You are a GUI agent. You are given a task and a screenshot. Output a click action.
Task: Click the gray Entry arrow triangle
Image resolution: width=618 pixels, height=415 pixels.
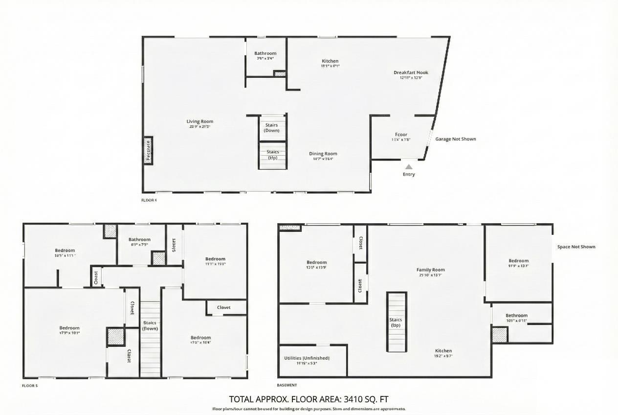coord(409,167)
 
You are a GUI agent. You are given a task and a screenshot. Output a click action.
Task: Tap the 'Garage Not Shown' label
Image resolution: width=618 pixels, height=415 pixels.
coord(455,139)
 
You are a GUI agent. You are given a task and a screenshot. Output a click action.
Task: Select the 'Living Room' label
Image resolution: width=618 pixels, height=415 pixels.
coord(200,121)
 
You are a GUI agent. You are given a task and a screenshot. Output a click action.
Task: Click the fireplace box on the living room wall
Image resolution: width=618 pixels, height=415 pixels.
coord(148,150)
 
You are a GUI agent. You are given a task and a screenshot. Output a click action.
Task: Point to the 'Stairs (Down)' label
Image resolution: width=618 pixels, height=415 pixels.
coord(271,128)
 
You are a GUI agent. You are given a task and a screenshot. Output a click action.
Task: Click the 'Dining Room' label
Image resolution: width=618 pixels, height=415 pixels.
coord(323,154)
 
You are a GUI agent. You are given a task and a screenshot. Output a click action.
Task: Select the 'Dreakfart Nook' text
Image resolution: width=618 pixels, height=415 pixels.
coord(411,72)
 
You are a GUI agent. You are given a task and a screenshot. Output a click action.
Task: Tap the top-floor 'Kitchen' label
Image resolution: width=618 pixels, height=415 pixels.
coord(330,61)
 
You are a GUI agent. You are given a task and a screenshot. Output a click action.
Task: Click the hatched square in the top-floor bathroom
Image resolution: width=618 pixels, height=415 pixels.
coord(280,74)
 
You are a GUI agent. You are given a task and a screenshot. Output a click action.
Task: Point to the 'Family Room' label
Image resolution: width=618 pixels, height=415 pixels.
coord(430,270)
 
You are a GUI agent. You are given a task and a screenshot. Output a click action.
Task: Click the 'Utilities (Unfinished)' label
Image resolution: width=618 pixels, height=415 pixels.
coord(307,358)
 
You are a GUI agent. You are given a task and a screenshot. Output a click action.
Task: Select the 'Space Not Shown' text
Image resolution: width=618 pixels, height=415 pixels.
coord(576,247)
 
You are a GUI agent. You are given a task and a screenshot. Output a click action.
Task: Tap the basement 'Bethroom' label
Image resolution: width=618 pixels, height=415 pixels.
coord(516,316)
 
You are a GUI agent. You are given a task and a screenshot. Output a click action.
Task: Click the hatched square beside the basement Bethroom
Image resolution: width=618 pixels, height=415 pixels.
coord(500,335)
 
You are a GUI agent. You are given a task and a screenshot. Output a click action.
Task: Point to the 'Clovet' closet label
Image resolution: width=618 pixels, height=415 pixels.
coord(224,307)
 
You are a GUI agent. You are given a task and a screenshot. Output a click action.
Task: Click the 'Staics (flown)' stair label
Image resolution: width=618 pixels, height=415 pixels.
coord(150,325)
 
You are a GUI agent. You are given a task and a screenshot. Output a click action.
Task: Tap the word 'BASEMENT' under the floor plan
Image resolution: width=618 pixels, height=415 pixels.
coord(287,385)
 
